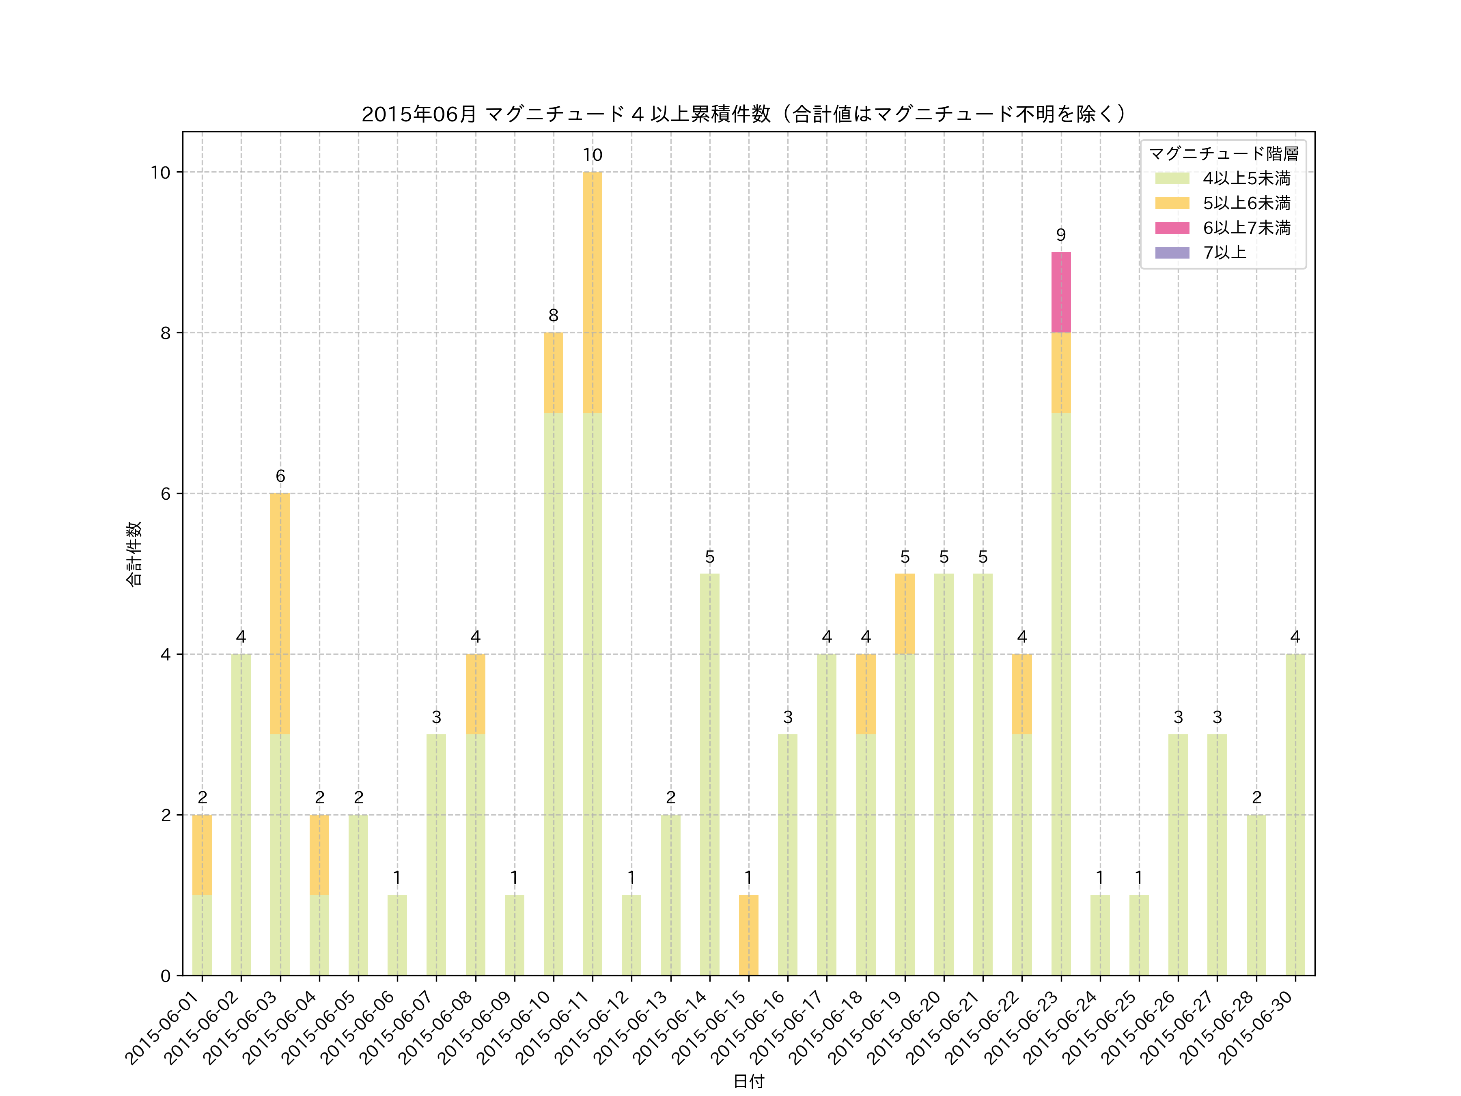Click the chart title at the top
pyautogui.click(x=744, y=114)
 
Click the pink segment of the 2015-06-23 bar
pyautogui.click(x=1061, y=292)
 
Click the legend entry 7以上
pyautogui.click(x=1224, y=252)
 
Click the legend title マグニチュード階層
pyautogui.click(x=1224, y=154)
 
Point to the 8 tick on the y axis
pyautogui.click(x=165, y=333)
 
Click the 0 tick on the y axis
pyautogui.click(x=165, y=976)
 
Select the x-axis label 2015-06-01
pyautogui.click(x=165, y=1026)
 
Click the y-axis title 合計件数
pyautogui.click(x=134, y=554)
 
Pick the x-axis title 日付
pyautogui.click(x=748, y=1081)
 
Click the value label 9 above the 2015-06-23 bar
pyautogui.click(x=1061, y=235)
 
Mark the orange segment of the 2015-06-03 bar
pyautogui.click(x=280, y=614)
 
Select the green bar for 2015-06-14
pyautogui.click(x=709, y=774)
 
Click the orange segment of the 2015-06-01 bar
pyautogui.click(x=202, y=855)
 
